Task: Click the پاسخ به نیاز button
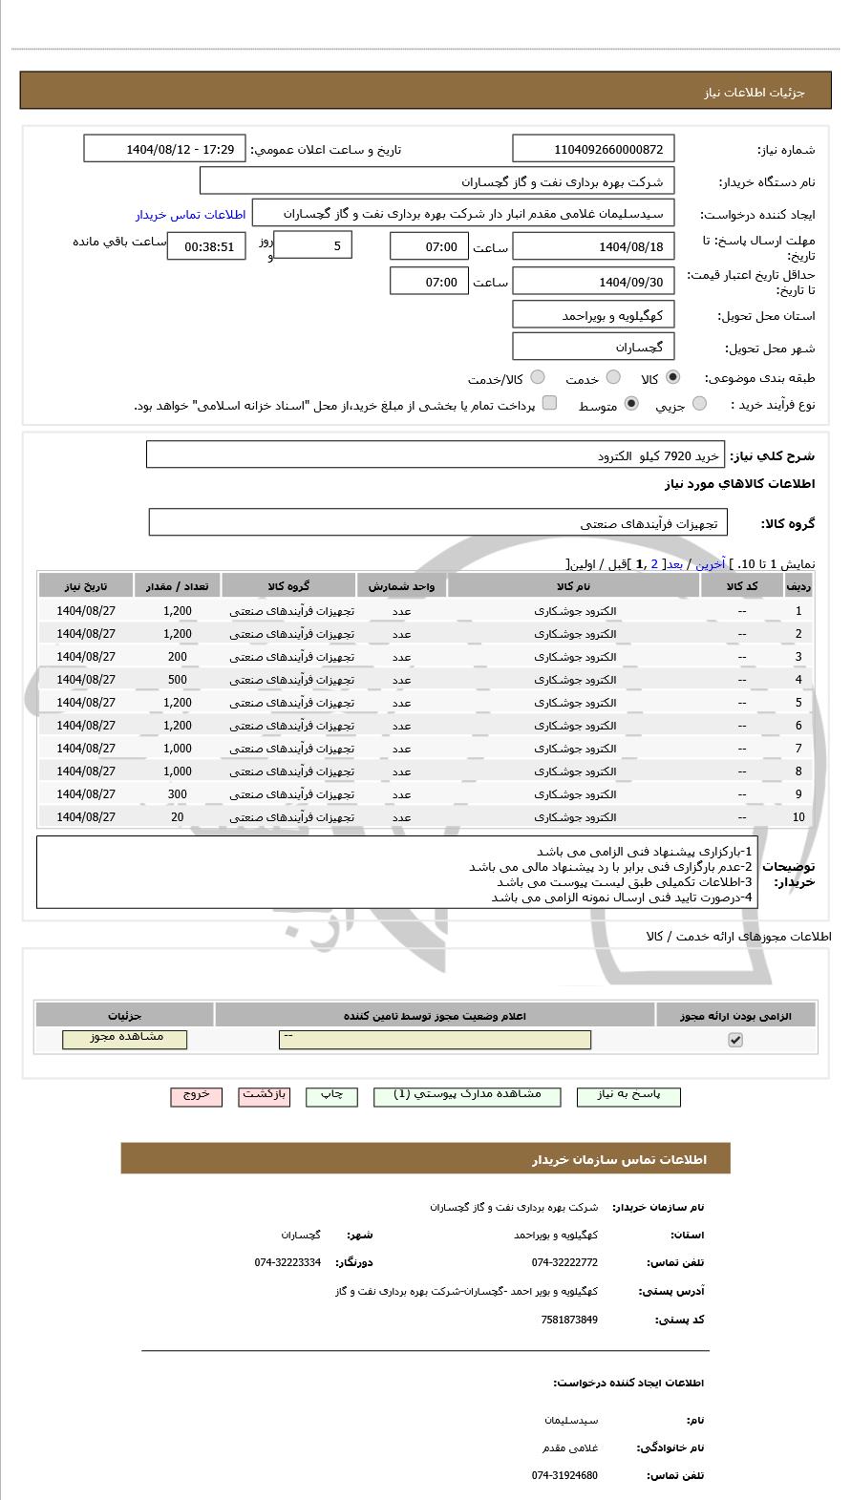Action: [x=629, y=1096]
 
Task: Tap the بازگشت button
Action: [x=264, y=1096]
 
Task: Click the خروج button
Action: [x=196, y=1096]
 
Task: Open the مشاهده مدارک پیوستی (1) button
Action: [x=467, y=1096]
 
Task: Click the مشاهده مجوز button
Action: [x=125, y=1039]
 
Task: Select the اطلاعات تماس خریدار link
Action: [x=190, y=215]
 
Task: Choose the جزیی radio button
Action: [x=699, y=405]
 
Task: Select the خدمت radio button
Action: [x=613, y=378]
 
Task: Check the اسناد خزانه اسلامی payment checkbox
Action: [x=549, y=404]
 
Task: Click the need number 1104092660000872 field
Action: [x=593, y=149]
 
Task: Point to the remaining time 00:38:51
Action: [x=206, y=246]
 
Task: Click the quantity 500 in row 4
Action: [x=178, y=680]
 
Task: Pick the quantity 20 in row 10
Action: [x=178, y=817]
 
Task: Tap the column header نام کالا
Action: [x=573, y=585]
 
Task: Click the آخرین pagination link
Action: [x=710, y=564]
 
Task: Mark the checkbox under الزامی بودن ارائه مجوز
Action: [x=734, y=1040]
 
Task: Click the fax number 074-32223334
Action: [x=287, y=1262]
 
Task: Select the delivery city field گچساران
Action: [x=593, y=347]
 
